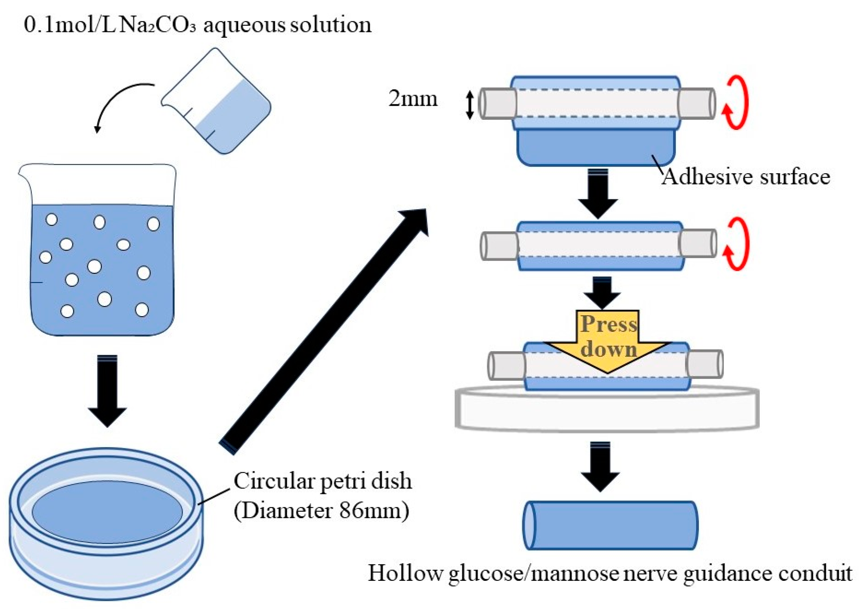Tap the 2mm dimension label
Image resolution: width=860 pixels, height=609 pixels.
click(413, 99)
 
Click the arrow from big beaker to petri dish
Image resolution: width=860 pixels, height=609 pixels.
click(108, 390)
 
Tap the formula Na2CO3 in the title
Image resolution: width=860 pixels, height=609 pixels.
click(157, 25)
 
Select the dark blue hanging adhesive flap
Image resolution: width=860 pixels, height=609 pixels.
click(596, 148)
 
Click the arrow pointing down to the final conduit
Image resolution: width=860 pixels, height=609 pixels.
click(600, 467)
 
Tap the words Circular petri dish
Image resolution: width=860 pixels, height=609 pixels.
click(322, 481)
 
